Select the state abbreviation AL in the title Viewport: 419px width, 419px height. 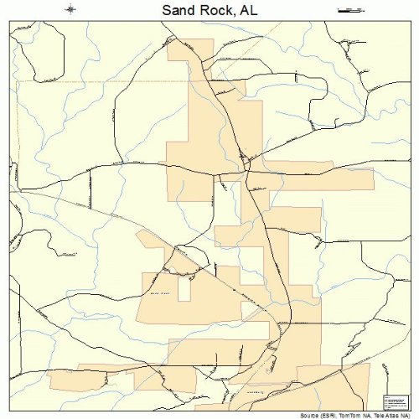[247, 11]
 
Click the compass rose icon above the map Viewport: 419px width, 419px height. [70, 10]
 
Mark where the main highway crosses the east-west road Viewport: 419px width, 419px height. [246, 173]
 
